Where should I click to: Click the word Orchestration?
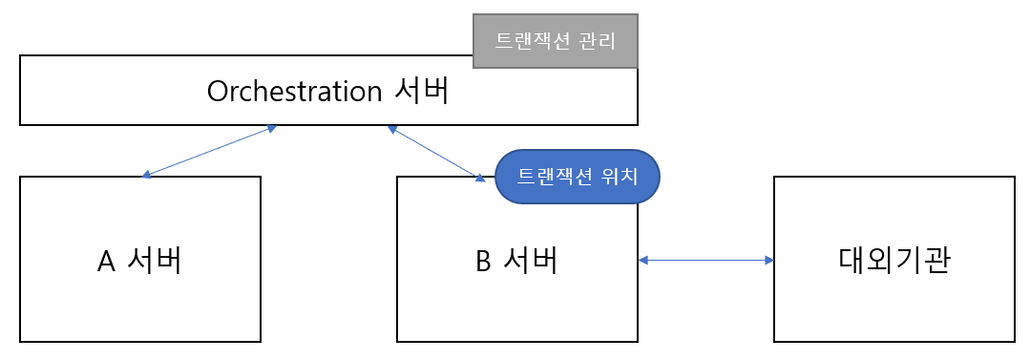point(294,92)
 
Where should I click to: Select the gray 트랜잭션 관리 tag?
point(555,41)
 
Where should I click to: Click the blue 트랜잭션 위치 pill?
point(577,177)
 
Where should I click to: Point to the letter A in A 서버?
point(106,262)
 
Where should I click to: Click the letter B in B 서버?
point(483,262)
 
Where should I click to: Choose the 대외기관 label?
point(894,261)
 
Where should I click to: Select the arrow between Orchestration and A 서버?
point(208,152)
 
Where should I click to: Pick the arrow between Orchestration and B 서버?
point(436,153)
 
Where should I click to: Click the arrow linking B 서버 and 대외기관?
point(706,261)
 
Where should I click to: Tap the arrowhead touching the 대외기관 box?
point(769,261)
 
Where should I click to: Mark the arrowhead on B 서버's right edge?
point(643,261)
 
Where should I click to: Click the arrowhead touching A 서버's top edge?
point(147,174)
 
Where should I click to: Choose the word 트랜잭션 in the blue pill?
point(556,178)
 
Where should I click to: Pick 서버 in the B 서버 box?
point(531,261)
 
